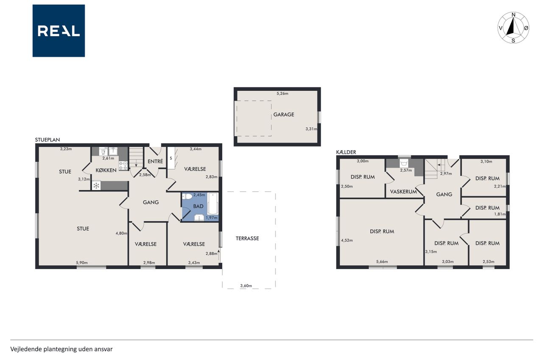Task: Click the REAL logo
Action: tap(59, 31)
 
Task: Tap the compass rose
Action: tap(513, 28)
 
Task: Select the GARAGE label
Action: tap(284, 115)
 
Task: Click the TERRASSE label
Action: tap(247, 239)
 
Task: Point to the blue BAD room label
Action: tap(198, 206)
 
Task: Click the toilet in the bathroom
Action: tap(187, 196)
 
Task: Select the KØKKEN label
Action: tap(106, 170)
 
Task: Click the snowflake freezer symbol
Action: tap(96, 186)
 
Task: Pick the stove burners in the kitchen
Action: tap(123, 166)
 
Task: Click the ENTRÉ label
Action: tap(155, 161)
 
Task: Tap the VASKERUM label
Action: tap(403, 191)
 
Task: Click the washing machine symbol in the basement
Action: tap(404, 163)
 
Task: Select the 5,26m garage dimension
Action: tap(283, 94)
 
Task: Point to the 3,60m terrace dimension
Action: tap(246, 286)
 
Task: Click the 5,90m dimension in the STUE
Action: tap(82, 263)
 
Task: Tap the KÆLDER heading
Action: tap(346, 152)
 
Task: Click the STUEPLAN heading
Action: tap(48, 140)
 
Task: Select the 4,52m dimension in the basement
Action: tap(347, 241)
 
